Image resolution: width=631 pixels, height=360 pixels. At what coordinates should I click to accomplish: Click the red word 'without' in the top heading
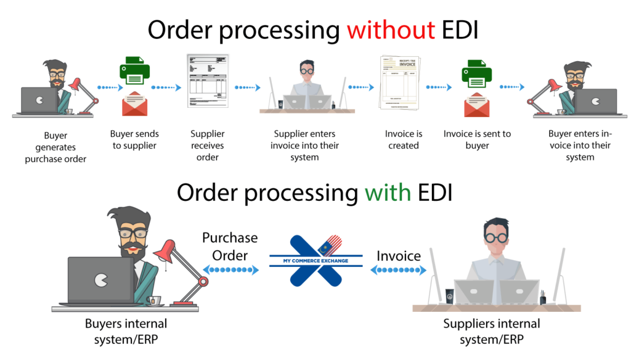click(x=390, y=29)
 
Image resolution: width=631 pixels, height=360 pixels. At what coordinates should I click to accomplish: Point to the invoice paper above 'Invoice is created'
click(x=396, y=82)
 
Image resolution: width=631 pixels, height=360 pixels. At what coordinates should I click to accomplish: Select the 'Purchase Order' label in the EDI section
click(x=230, y=246)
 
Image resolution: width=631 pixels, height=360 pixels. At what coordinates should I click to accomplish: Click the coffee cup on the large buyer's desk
click(x=155, y=300)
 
